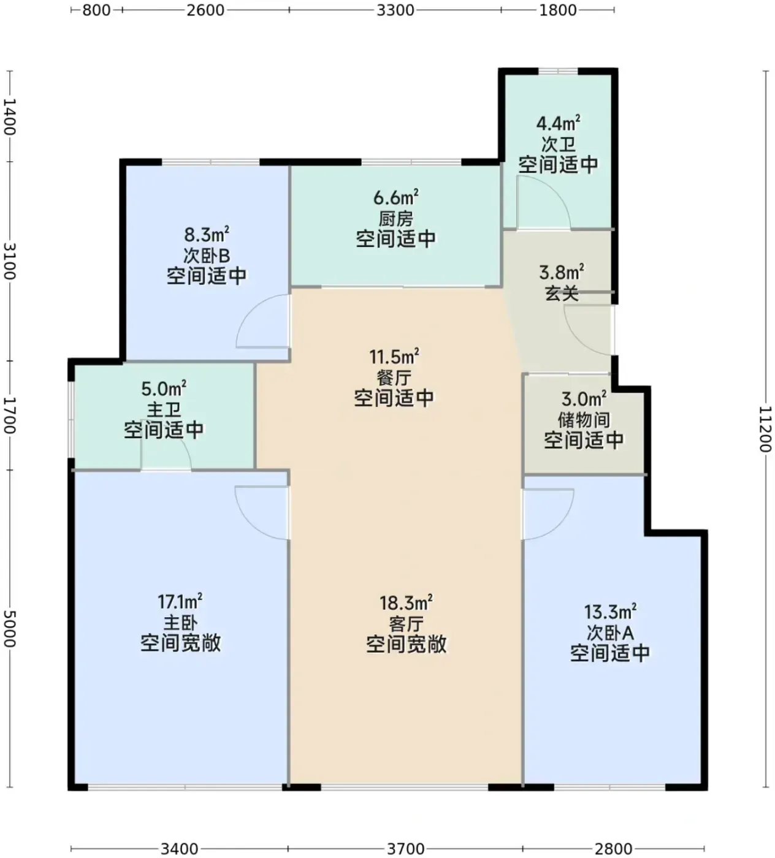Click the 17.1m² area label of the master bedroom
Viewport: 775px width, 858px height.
coord(180,601)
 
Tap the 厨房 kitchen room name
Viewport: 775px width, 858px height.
coord(396,219)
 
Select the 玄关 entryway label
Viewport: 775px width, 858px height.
coord(562,293)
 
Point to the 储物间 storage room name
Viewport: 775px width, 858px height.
coord(584,420)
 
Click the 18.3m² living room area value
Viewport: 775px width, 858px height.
coord(406,602)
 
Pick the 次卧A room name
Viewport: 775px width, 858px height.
coord(610,632)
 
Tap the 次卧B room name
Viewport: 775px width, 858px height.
coord(207,256)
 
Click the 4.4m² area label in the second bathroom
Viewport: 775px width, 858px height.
coord(559,124)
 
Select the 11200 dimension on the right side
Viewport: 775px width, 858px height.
coord(765,429)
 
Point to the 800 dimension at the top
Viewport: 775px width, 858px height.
coord(96,10)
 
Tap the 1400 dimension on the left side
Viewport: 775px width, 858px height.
coord(9,116)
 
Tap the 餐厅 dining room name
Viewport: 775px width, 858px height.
coord(394,378)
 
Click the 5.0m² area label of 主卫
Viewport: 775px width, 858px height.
coord(164,389)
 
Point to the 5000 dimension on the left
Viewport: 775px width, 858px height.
coord(9,628)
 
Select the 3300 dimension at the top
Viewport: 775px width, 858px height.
coord(395,10)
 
